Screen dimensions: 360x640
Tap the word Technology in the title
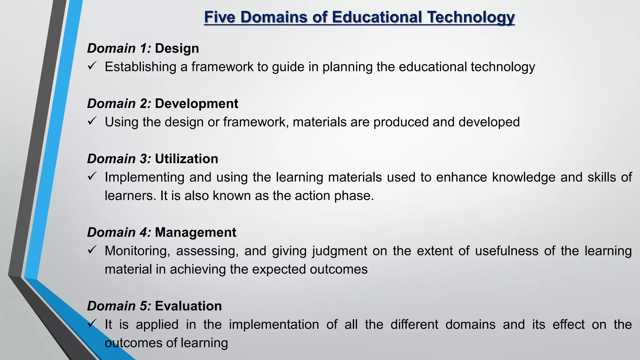click(x=471, y=17)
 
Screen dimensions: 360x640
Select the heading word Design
click(x=177, y=48)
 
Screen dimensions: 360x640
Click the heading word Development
click(x=196, y=104)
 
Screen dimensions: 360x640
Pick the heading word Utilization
click(x=186, y=159)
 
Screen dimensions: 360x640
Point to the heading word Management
click(x=195, y=232)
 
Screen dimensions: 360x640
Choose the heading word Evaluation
click(x=188, y=306)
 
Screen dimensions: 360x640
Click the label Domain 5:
click(x=119, y=306)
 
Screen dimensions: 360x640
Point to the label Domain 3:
click(x=119, y=159)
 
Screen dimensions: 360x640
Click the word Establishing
click(x=140, y=67)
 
